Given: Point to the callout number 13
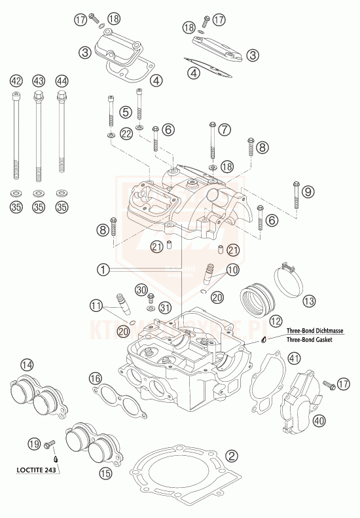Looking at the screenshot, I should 308,301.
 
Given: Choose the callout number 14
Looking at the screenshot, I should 27,365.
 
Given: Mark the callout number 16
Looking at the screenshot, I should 96,378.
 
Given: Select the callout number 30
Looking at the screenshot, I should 141,289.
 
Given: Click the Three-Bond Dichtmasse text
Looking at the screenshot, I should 313,332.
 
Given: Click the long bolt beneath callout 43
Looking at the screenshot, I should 39,138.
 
